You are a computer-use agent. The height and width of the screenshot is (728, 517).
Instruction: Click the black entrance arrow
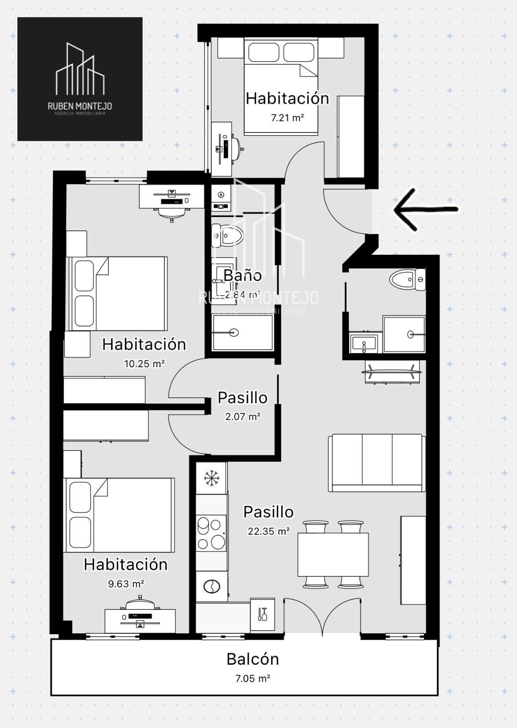point(426,209)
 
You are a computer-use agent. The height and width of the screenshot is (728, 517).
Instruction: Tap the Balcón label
point(253,659)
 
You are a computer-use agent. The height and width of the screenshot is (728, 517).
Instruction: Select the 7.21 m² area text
point(287,118)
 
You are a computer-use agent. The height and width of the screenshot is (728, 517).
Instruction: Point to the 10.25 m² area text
point(144,364)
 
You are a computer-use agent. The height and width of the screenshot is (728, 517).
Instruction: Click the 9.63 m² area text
point(126,584)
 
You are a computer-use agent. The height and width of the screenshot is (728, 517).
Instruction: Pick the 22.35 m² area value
point(269,531)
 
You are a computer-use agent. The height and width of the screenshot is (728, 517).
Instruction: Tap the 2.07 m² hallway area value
point(243,416)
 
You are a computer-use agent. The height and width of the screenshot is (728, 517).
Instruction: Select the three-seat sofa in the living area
point(376,463)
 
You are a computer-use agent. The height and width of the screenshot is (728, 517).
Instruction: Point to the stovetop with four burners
point(211,535)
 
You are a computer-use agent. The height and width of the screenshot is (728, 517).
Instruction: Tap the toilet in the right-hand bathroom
point(407,279)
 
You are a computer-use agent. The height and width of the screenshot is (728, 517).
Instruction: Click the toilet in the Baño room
point(227,235)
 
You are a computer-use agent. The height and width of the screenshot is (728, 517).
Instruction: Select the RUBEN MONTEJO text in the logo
point(80,106)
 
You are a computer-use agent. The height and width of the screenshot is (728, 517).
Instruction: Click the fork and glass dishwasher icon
point(262,614)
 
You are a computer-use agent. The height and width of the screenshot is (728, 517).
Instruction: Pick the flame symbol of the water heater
point(221,195)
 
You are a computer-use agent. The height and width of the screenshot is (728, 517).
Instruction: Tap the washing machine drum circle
point(212,586)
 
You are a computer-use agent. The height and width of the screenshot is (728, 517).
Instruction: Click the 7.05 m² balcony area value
point(253,678)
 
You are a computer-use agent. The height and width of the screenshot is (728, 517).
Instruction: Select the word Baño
point(243,276)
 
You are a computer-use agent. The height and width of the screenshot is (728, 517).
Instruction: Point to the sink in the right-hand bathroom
point(364,343)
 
